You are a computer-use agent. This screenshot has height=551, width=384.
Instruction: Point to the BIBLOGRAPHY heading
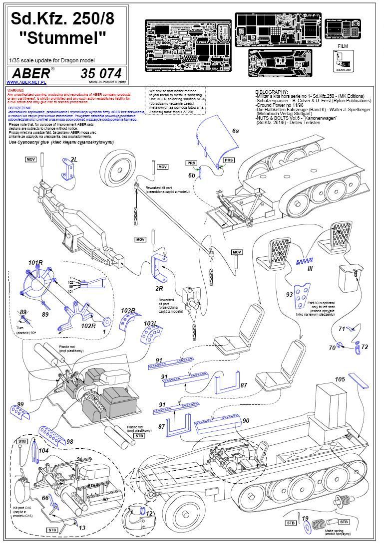point(272,92)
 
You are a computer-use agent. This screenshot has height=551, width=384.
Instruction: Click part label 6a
point(235,130)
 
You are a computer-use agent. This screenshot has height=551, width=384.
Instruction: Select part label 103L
point(152,324)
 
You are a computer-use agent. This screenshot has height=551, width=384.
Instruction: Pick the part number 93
point(289,295)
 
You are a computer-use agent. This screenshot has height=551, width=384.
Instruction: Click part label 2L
point(74,159)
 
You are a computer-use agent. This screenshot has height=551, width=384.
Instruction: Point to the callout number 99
point(20,404)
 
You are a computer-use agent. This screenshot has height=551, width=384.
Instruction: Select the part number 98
point(69,442)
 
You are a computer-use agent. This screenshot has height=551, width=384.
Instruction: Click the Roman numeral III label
point(310,268)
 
